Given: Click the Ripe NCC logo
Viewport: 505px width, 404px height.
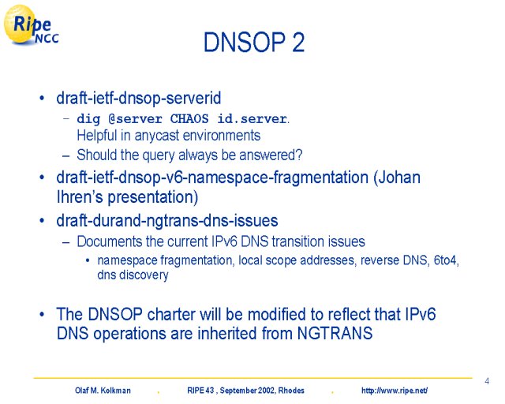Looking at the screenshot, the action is coord(32,24).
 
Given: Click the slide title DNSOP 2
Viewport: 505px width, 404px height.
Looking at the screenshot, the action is coord(254,42).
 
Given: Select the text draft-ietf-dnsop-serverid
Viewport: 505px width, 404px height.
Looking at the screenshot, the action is coord(139,98).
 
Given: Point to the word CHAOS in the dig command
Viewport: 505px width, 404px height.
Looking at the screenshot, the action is coord(189,119).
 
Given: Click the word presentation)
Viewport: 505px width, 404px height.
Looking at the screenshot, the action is coord(153,197).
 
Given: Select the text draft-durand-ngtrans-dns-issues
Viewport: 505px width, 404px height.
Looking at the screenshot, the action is coord(167,221).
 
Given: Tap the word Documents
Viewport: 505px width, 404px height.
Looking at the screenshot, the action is coord(109,241).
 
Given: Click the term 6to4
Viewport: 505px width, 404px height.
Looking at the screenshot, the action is coord(447,260).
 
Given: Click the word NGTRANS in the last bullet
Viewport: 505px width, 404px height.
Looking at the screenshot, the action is coord(335,333).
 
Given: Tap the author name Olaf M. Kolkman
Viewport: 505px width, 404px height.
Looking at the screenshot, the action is coord(103,391).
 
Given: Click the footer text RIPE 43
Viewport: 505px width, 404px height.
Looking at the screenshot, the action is coord(200,391).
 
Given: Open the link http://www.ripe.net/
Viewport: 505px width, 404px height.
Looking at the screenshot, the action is coord(395,391).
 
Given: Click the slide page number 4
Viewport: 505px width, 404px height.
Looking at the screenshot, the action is coord(487,381).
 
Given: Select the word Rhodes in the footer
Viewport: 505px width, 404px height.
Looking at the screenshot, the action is coord(291,391).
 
